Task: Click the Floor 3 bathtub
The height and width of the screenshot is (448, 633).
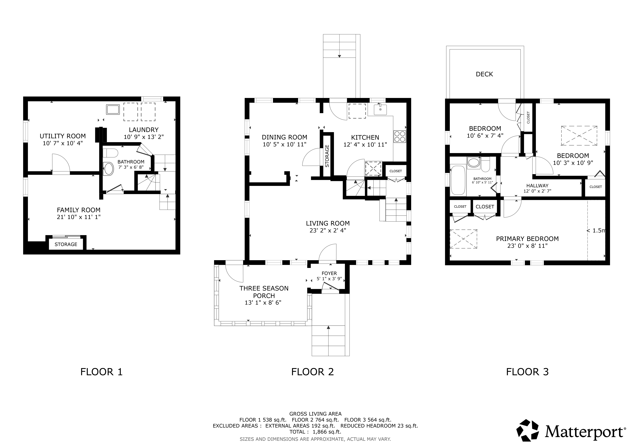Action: pyautogui.click(x=458, y=180)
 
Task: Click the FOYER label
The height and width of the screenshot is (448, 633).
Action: pyautogui.click(x=329, y=273)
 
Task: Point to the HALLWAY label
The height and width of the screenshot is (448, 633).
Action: pyautogui.click(x=537, y=186)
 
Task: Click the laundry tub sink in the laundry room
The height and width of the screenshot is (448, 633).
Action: pyautogui.click(x=113, y=110)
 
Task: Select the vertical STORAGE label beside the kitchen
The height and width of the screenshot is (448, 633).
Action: pyautogui.click(x=327, y=156)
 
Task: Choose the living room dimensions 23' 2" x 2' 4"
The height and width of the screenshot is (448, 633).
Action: pyautogui.click(x=328, y=230)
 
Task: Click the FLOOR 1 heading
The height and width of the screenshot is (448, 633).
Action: pyautogui.click(x=101, y=372)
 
